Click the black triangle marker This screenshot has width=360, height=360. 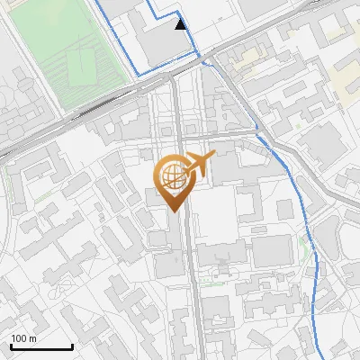click(182, 24)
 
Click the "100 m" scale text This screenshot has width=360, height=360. click(23, 338)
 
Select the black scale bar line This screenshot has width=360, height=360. click(40, 346)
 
